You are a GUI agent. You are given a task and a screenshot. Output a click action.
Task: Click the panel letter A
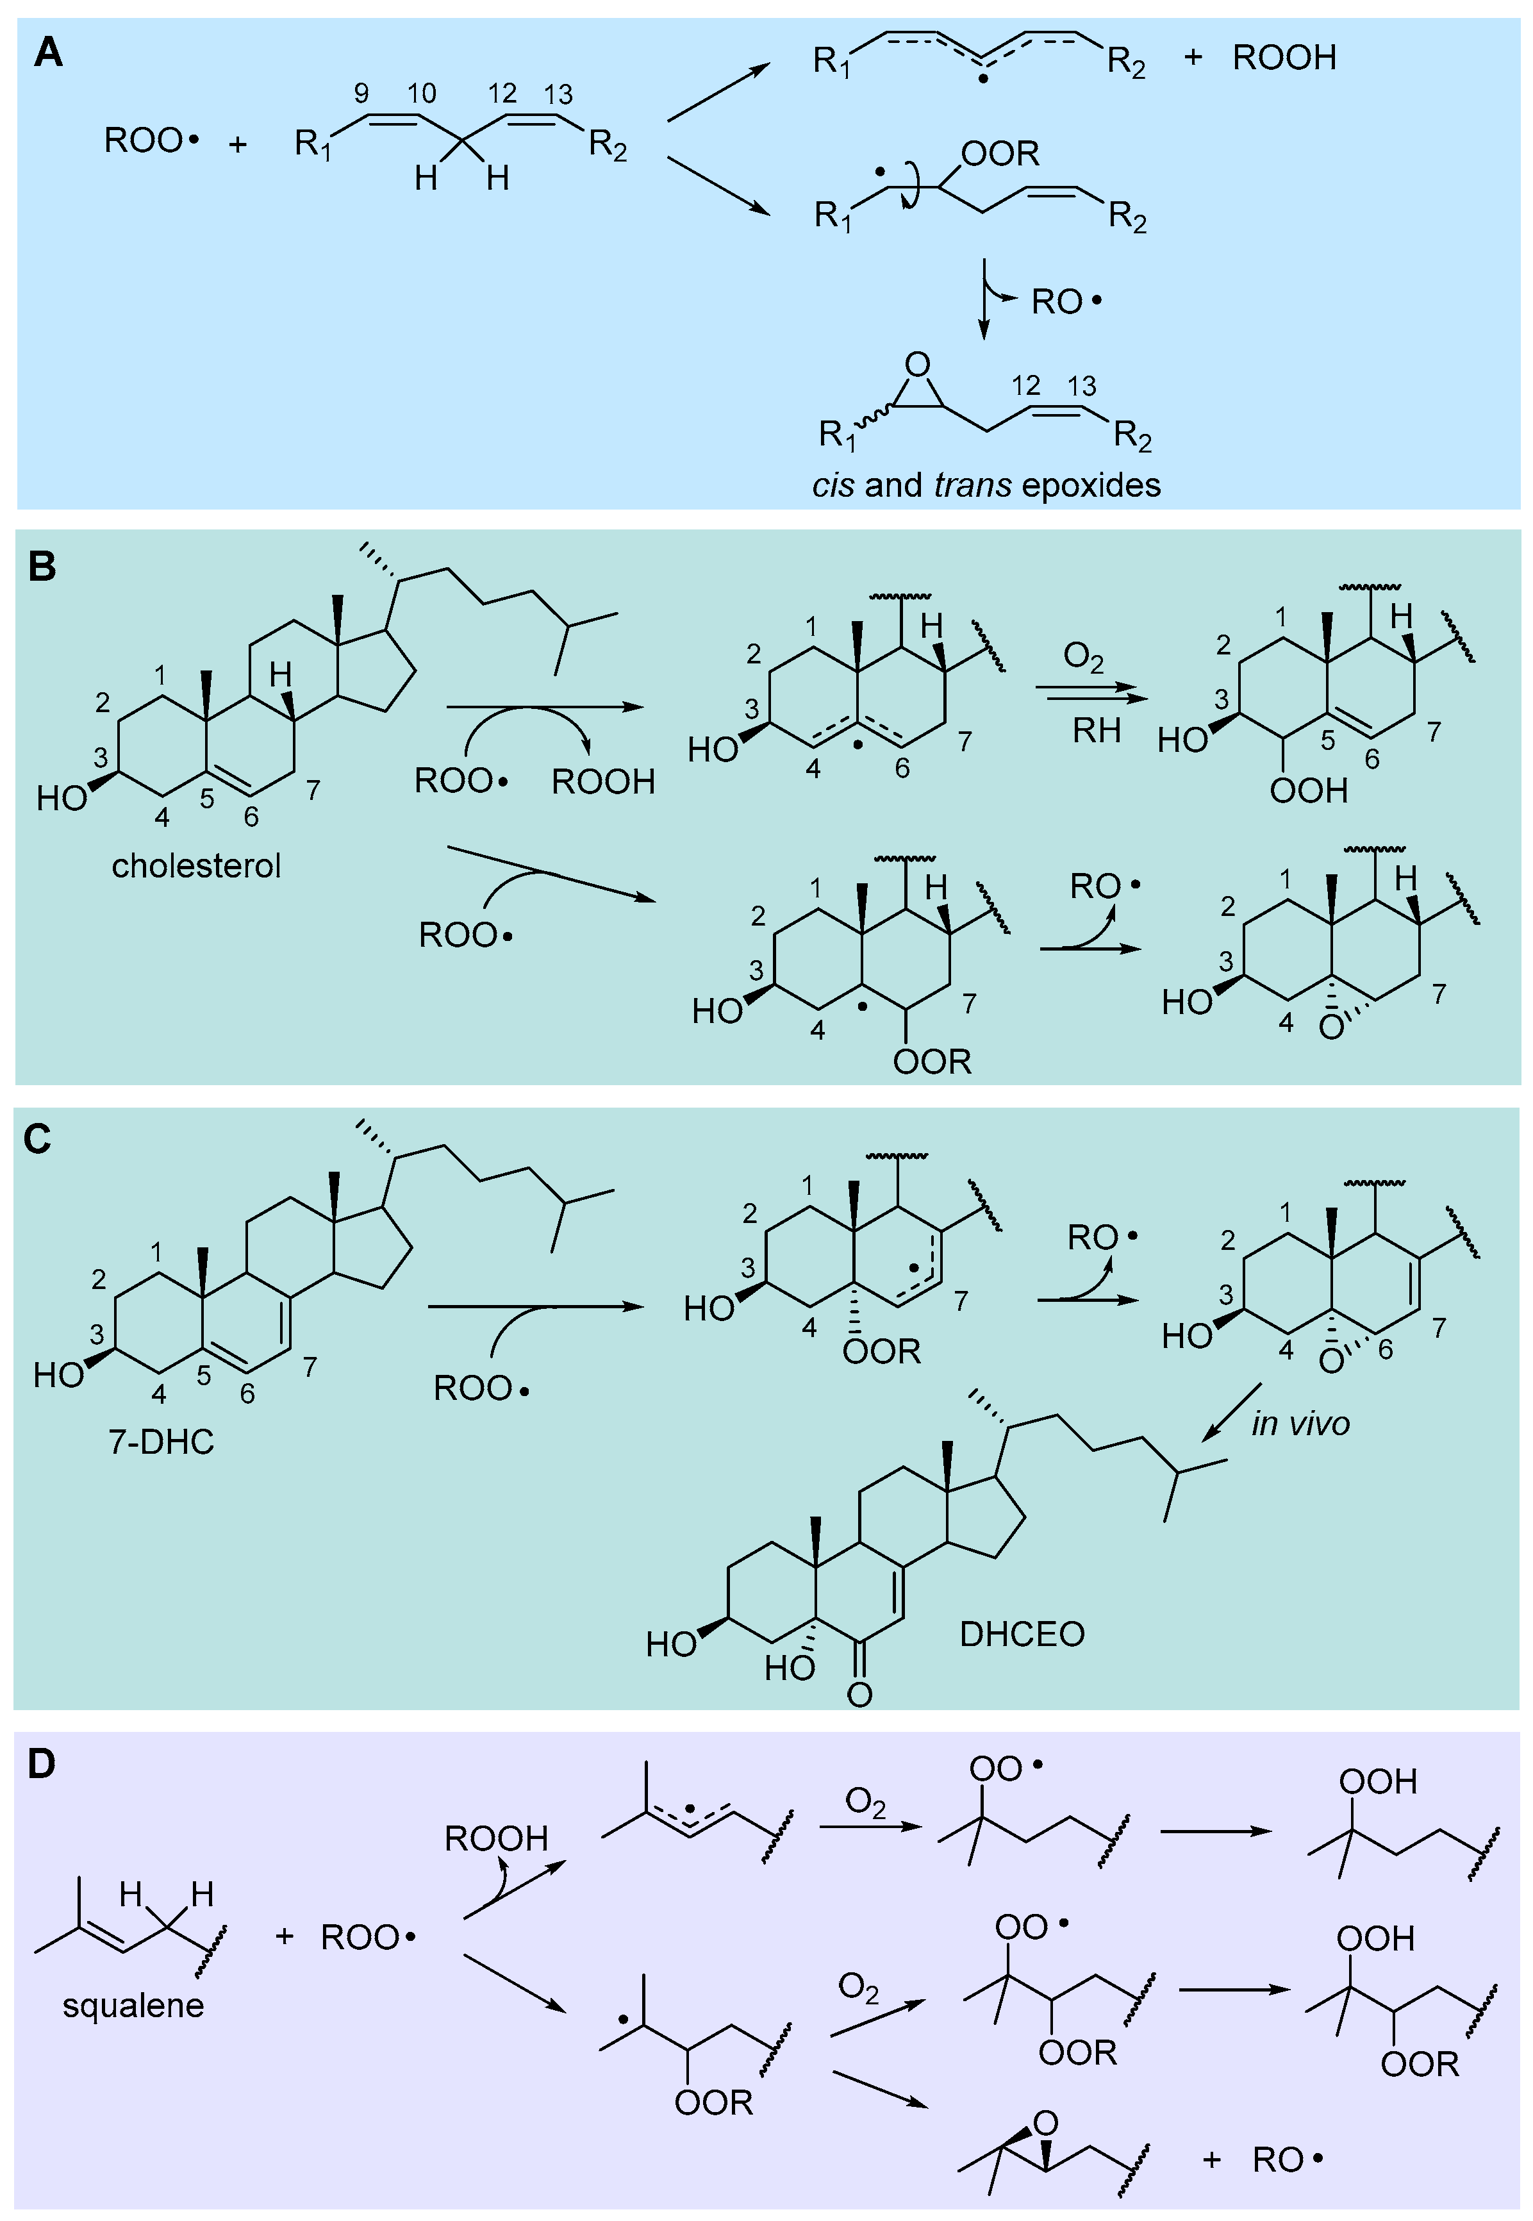pos(48,52)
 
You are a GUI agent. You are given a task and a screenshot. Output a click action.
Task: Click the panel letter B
pos(42,567)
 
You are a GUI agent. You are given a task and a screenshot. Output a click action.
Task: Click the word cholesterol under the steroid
pos(196,867)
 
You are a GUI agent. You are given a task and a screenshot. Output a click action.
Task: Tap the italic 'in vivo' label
pos(1300,1424)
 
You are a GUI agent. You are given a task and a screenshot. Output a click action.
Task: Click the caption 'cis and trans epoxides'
pos(986,485)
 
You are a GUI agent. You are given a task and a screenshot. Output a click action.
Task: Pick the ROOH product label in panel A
pos(1284,58)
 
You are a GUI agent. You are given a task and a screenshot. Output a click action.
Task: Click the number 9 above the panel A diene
pos(361,93)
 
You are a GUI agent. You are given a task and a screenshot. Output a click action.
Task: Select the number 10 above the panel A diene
pos(422,93)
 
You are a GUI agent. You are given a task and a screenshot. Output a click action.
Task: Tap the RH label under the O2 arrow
pos(1096,732)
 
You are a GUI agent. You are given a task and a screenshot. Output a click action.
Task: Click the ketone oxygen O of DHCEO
pos(859,1695)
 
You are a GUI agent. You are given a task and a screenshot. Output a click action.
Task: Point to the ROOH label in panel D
pos(495,1839)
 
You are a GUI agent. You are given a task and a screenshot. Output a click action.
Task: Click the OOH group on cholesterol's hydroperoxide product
pos(1308,792)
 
